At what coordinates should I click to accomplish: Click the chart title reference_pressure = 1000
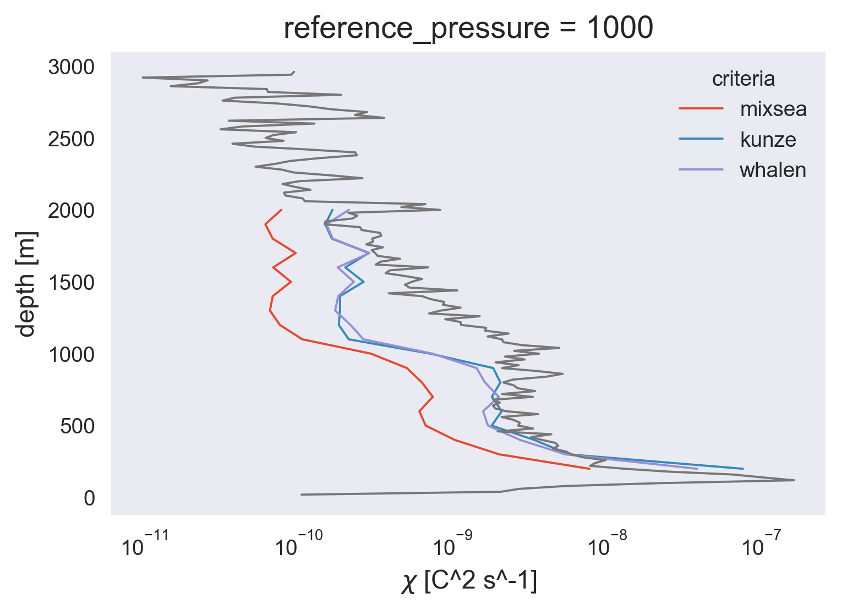(x=468, y=28)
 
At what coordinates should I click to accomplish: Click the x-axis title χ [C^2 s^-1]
(x=468, y=582)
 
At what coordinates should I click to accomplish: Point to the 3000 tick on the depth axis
(x=72, y=68)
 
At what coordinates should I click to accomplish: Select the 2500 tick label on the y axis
(x=72, y=139)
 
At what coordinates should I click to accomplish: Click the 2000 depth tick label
(x=72, y=211)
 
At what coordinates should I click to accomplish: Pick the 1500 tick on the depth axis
(x=72, y=283)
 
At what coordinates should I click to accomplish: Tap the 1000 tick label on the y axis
(x=72, y=355)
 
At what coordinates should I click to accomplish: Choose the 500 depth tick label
(x=78, y=426)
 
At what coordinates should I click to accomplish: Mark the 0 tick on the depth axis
(x=89, y=498)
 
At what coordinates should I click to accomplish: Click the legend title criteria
(x=743, y=79)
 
